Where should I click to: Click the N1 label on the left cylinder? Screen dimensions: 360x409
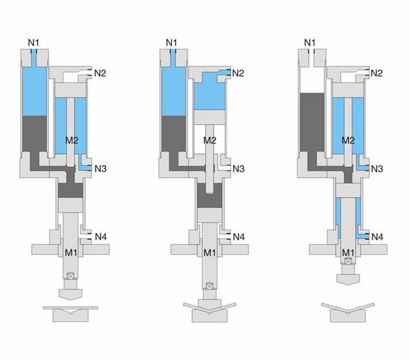pyautogui.click(x=34, y=43)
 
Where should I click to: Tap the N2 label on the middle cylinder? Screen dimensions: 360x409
pyautogui.click(x=238, y=73)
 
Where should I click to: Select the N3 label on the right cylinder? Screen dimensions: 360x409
pyautogui.click(x=377, y=169)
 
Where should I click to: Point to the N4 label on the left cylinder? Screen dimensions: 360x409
pyautogui.click(x=100, y=236)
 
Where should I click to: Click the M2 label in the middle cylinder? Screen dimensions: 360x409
pyautogui.click(x=210, y=140)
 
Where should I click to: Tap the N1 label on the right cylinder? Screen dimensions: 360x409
pyautogui.click(x=310, y=43)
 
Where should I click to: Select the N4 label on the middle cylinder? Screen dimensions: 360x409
pyautogui.click(x=238, y=236)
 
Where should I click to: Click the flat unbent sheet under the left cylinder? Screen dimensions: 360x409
pyautogui.click(x=70, y=306)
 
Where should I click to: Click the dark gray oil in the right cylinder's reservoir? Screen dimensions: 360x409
pyautogui.click(x=311, y=123)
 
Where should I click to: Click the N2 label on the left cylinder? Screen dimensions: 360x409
pyautogui.click(x=100, y=73)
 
